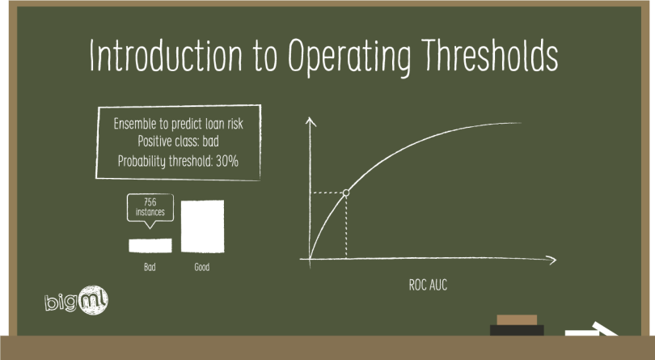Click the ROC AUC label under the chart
coord(428,286)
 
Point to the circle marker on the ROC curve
coord(346,193)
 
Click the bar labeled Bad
coord(151,244)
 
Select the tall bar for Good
coord(202,226)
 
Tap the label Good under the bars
coord(202,267)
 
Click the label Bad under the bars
coord(150,267)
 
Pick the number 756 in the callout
coord(150,201)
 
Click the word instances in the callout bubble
coord(150,212)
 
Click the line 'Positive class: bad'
coord(179,142)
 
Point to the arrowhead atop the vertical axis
coord(311,122)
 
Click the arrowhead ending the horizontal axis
coord(551,260)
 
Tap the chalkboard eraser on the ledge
coord(516,324)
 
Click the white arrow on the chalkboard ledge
coord(590,331)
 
